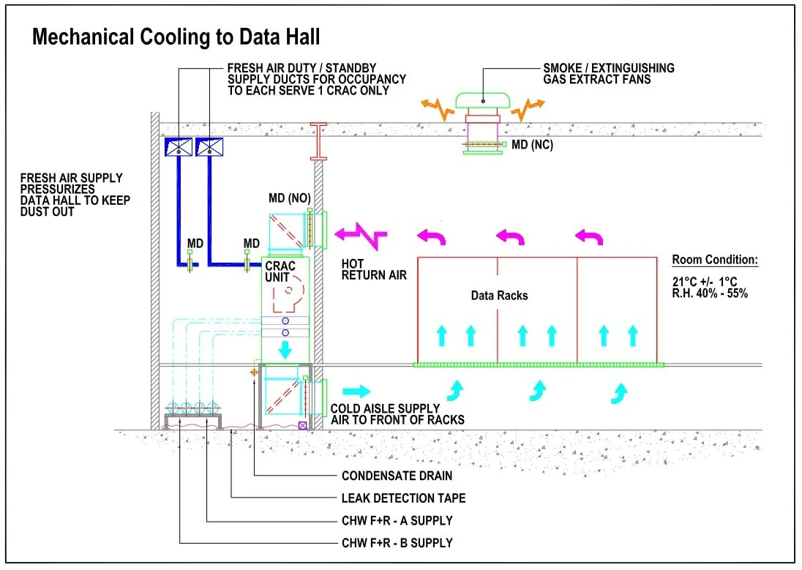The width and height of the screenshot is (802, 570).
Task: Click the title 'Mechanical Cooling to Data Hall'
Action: click(176, 37)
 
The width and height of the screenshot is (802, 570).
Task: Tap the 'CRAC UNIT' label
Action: click(280, 272)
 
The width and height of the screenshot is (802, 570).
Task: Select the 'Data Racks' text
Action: click(500, 296)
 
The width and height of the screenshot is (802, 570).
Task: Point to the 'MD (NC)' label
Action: click(532, 145)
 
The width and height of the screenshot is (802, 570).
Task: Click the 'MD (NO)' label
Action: click(287, 198)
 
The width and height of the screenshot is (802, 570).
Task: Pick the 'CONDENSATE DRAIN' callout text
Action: click(397, 476)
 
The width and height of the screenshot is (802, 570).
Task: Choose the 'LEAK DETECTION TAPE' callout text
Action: click(403, 498)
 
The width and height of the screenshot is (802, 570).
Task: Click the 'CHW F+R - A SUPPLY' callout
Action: click(397, 521)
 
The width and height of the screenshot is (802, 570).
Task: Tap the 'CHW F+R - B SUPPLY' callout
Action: click(397, 543)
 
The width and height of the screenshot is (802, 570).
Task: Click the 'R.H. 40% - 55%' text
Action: click(710, 293)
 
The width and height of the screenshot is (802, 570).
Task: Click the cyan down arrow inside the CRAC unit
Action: click(285, 350)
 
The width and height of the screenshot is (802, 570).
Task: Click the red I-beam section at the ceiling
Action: click(319, 141)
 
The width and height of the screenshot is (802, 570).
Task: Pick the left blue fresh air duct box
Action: click(178, 147)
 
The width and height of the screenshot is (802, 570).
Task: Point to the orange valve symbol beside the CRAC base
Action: click(255, 372)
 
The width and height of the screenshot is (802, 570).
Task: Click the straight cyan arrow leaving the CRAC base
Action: click(357, 391)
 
